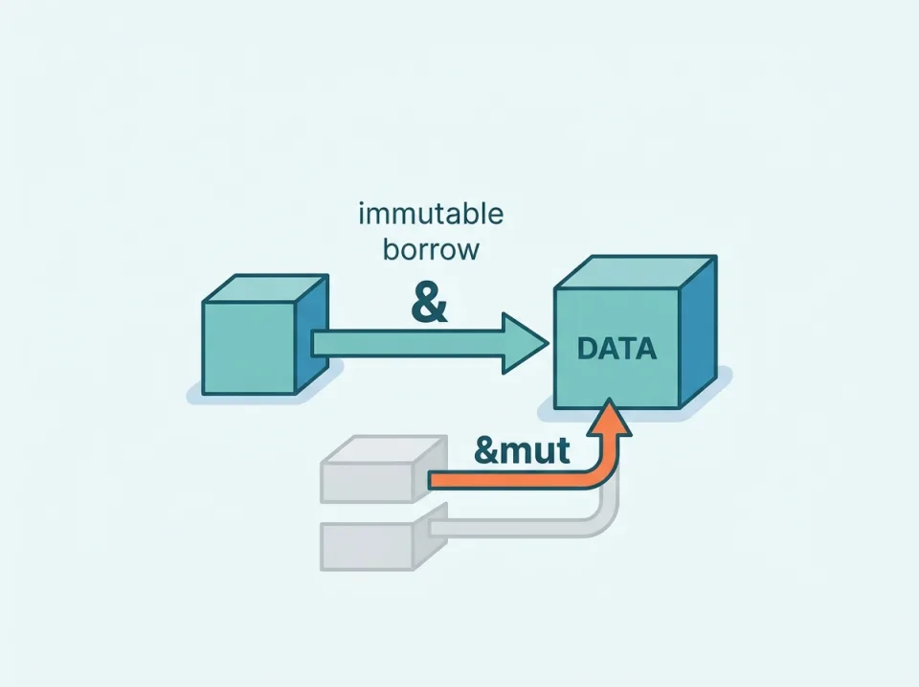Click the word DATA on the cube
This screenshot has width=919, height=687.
pyautogui.click(x=616, y=349)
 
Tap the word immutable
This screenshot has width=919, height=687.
pyautogui.click(x=430, y=214)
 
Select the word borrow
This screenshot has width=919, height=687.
pyautogui.click(x=431, y=249)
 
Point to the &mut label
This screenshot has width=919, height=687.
pyautogui.click(x=521, y=450)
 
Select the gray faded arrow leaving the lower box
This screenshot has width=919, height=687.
pyautogui.click(x=517, y=527)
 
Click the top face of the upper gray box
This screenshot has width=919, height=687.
pyautogui.click(x=383, y=449)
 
